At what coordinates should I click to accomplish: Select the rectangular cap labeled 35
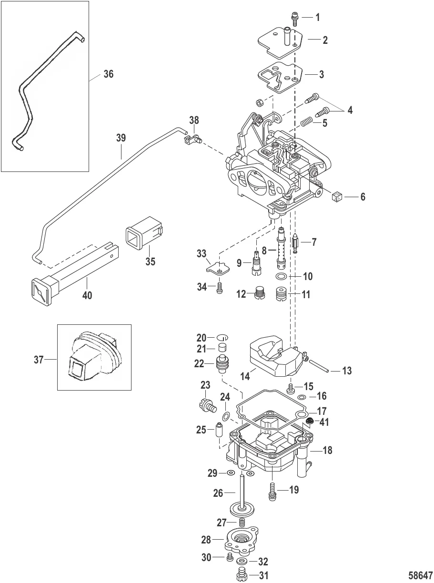[142, 234]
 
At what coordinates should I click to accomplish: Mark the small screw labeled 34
[220, 288]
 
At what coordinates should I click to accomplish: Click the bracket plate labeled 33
[218, 270]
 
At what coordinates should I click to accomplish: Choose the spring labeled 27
[242, 522]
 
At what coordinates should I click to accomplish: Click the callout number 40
[87, 296]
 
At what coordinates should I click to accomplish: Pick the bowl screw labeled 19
[273, 491]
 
